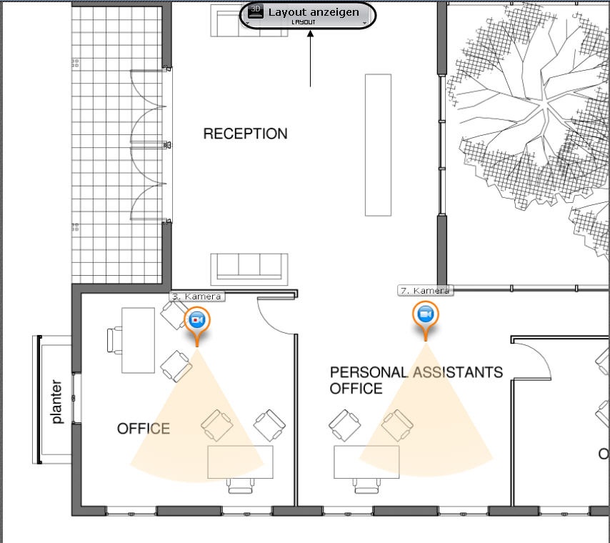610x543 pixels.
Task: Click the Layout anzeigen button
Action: coord(308,16)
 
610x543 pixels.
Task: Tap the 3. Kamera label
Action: coord(197,297)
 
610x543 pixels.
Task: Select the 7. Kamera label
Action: coord(426,291)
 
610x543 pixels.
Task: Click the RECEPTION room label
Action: coord(246,134)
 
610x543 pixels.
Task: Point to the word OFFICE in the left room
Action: coord(144,429)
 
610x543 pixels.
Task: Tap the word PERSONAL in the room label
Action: coord(369,372)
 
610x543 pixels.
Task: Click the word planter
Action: coord(57,402)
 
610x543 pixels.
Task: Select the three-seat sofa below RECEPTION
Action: coord(249,269)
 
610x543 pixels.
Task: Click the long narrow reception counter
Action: coord(378,145)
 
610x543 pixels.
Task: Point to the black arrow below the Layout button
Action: coord(311,59)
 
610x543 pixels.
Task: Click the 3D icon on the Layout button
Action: coord(256,11)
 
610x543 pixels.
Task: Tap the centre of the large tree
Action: coord(544,104)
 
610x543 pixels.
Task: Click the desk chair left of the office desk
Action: coord(115,340)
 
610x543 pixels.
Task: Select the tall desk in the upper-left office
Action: coord(138,341)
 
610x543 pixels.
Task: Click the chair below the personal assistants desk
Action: coord(366,487)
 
